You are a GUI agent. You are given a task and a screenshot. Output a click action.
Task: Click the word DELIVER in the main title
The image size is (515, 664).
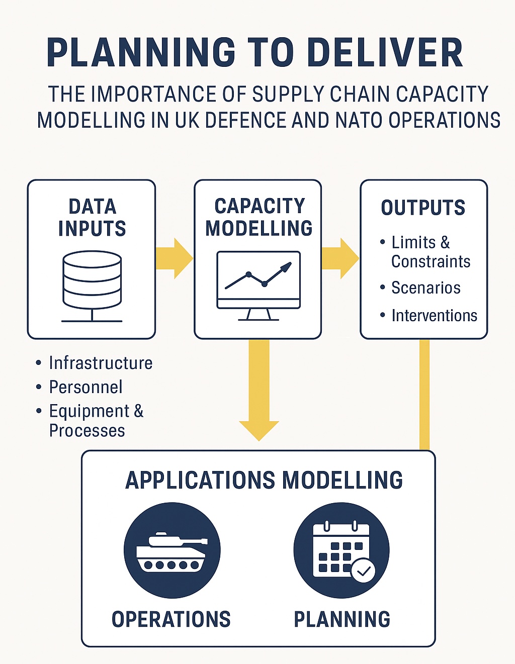point(384,53)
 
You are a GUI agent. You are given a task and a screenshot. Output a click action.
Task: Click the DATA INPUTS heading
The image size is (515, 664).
point(92,217)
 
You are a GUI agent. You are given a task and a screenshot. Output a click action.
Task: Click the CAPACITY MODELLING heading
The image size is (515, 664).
point(259,217)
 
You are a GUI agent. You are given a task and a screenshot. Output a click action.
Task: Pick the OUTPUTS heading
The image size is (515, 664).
point(423,208)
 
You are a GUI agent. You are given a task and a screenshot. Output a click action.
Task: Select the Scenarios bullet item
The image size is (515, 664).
point(425,288)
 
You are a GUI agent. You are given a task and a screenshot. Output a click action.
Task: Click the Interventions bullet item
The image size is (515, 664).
point(434,316)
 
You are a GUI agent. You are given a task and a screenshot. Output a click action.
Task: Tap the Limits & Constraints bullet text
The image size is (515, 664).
point(431,252)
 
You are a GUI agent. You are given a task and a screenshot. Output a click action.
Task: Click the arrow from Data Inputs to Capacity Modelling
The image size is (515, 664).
point(174,258)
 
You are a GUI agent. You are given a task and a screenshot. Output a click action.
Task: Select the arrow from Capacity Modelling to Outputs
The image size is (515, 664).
point(340,258)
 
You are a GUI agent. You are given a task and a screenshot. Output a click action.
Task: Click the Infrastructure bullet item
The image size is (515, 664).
point(101,363)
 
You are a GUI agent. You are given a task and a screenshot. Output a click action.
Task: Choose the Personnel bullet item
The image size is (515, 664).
point(85,387)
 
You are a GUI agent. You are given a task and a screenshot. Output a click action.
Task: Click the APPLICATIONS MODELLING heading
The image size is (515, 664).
point(264,480)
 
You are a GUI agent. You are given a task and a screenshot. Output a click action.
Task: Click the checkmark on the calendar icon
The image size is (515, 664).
point(363,571)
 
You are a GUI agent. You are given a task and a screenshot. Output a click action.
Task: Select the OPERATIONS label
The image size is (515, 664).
point(171,619)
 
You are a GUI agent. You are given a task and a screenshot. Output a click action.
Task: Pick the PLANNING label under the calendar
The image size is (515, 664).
point(342,619)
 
